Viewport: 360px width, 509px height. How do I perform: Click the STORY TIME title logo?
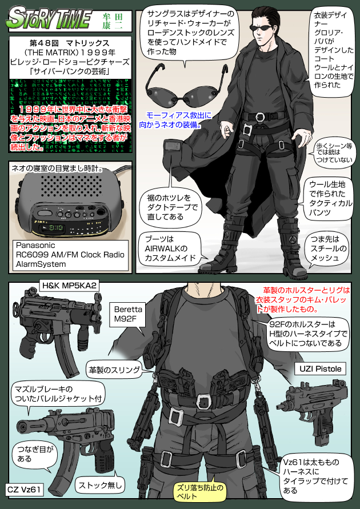pos(50,19)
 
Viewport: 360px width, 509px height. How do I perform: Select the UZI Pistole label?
pos(321,368)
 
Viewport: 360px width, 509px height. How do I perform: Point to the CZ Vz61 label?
pos(23,490)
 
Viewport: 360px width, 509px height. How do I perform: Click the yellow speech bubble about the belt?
pos(199,492)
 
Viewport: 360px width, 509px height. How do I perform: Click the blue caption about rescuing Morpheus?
pos(175,119)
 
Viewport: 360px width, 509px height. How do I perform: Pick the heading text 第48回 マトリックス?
pos(70,43)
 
